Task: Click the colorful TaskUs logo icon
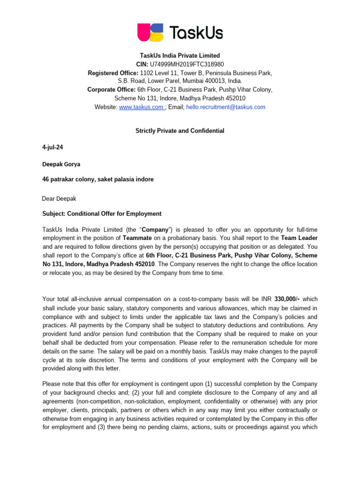pos(150,32)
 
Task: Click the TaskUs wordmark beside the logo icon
pos(195,33)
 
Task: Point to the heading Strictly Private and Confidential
pos(180,131)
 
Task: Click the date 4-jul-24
pos(52,147)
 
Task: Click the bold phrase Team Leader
pos(299,238)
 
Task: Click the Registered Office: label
pos(113,73)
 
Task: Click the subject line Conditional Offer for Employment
pos(114,214)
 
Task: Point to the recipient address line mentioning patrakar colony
pos(97,179)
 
